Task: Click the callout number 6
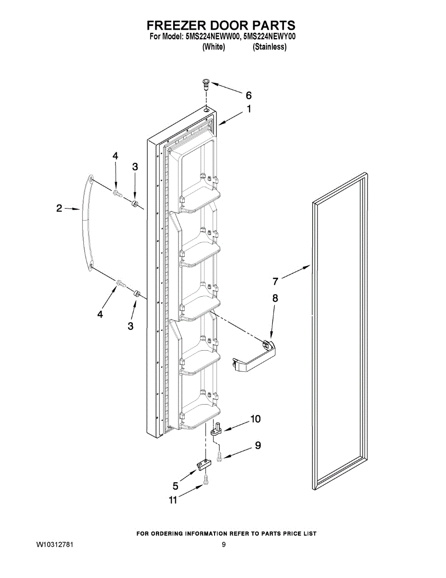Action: [249, 95]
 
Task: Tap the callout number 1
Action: [249, 109]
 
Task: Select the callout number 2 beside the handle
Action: [59, 209]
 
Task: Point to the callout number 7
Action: [276, 281]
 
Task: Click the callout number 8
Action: [275, 298]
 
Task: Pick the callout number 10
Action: [255, 419]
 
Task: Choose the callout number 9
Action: [258, 446]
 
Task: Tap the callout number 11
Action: [173, 500]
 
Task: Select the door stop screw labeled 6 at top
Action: [205, 86]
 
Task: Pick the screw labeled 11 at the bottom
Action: [206, 481]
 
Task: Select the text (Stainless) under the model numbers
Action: [269, 47]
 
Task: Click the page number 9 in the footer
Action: [224, 545]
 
